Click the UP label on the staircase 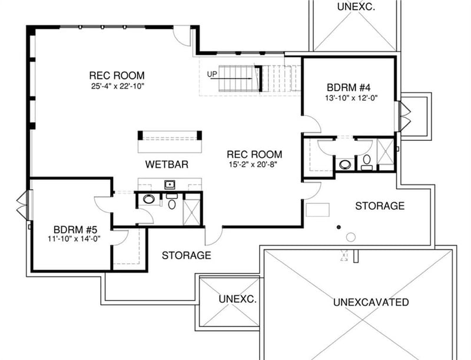coord(213,74)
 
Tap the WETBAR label coord(167,164)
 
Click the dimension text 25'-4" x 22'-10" coord(117,86)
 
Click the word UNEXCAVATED coord(370,302)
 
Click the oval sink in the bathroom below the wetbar coord(149,200)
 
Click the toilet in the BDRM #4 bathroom coord(366,160)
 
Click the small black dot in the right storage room coord(339,226)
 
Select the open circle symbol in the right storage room coord(351,237)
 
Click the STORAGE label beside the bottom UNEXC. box coord(186,256)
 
